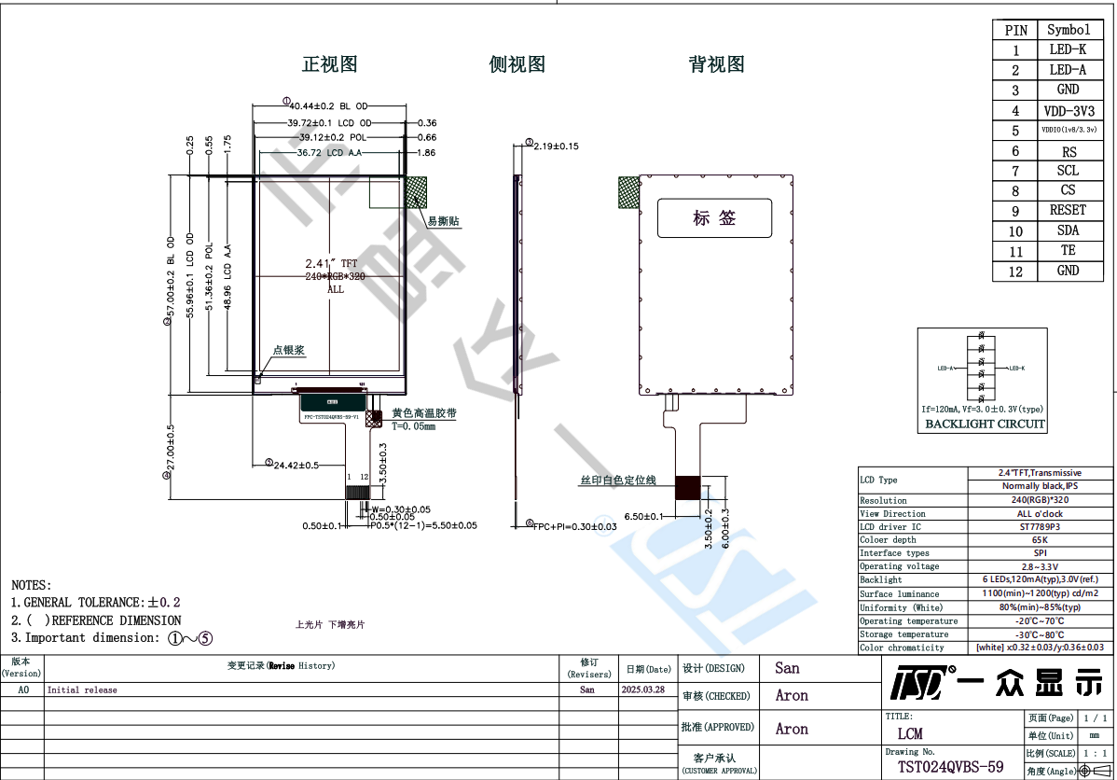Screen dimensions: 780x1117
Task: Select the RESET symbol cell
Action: coord(1068,210)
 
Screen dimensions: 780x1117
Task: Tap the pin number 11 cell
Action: coord(1015,251)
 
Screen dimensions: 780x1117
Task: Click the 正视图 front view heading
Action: coord(329,64)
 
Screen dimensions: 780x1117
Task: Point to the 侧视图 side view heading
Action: coord(517,64)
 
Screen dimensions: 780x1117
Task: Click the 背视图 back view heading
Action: coord(716,64)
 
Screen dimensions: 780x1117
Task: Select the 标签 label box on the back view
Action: coord(715,218)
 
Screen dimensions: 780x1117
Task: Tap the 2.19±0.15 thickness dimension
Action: coord(556,146)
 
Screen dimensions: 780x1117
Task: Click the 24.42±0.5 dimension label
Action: coord(296,465)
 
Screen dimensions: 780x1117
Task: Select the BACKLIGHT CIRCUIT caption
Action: coord(985,425)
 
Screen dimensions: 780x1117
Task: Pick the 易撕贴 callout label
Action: coord(444,221)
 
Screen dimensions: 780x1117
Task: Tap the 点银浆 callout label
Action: coord(289,351)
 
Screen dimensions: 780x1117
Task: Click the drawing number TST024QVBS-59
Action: coord(950,767)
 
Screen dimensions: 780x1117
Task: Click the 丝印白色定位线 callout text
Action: coord(617,481)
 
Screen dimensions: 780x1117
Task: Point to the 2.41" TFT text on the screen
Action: coord(331,264)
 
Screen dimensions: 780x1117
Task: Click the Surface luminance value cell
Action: coord(1040,593)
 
